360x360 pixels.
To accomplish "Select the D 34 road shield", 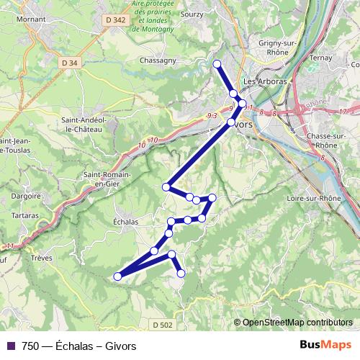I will pos(70,63).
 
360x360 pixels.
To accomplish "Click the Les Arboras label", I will pos(266,81).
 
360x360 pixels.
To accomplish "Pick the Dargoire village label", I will pos(27,194).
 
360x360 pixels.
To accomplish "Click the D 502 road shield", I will pos(163,325).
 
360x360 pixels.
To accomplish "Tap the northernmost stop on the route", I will pos(217,64).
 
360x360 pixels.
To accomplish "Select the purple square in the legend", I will pos(11,346).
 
